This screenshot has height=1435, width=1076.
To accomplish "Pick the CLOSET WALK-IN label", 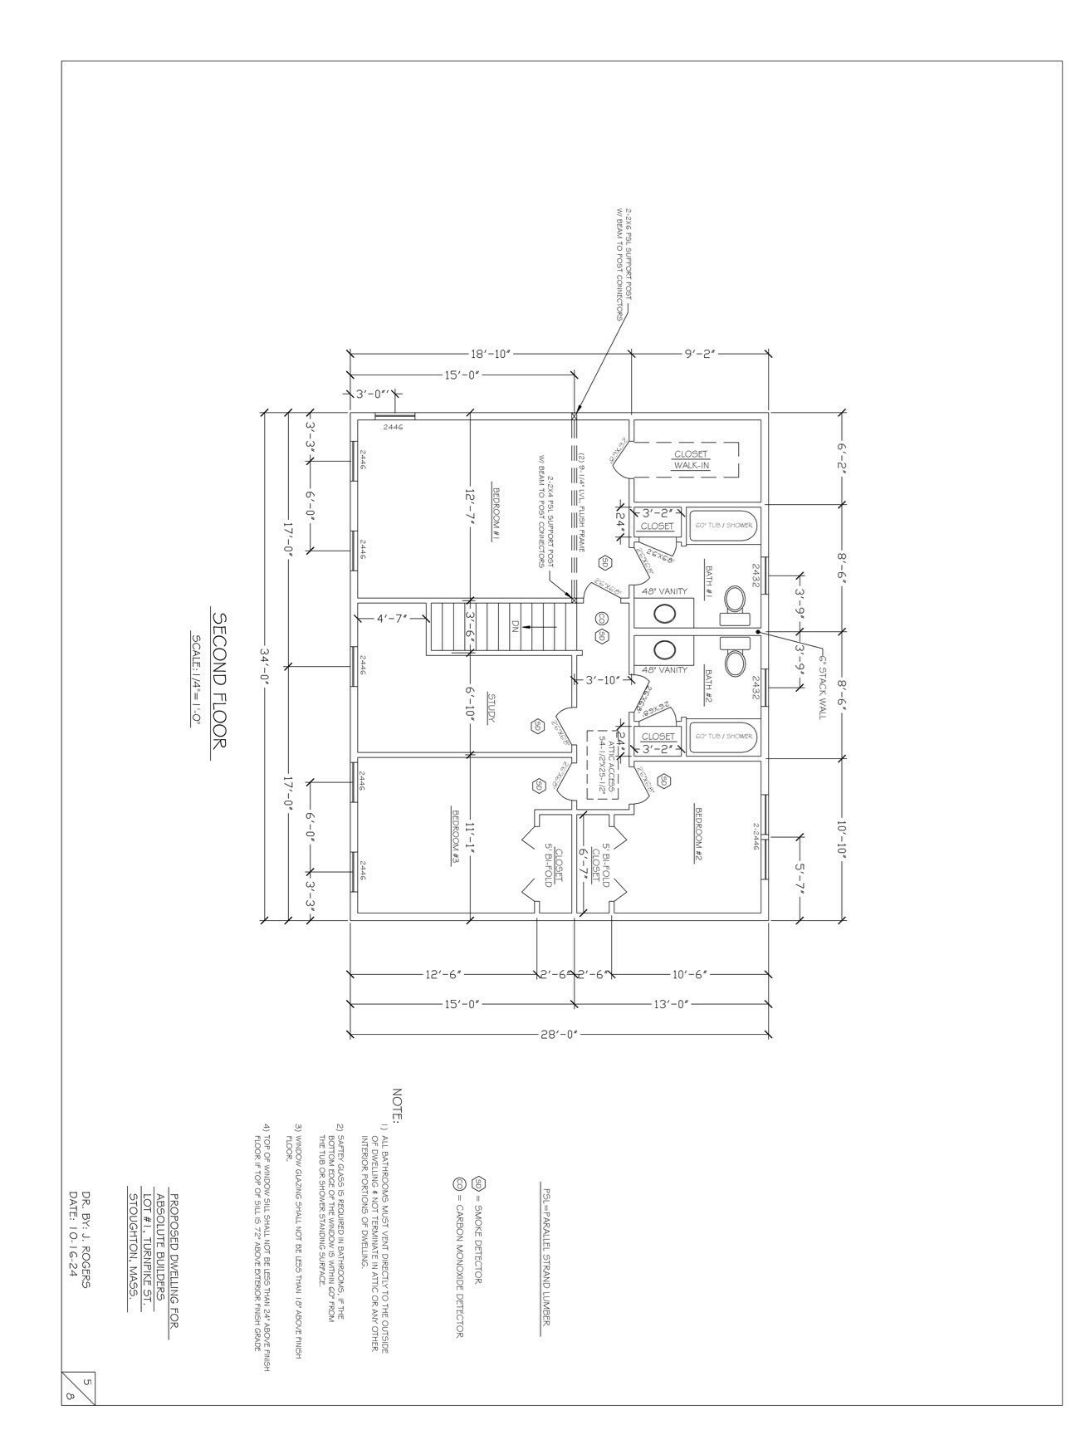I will point(691,459).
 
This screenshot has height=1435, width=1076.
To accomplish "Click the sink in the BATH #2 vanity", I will point(664,650).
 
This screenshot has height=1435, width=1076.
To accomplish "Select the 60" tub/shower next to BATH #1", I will point(725,526).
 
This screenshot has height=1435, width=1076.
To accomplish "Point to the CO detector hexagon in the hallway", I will point(601,618).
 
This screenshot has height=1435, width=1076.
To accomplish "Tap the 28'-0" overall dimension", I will point(558,1034).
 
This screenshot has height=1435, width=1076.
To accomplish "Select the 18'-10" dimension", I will point(490,354).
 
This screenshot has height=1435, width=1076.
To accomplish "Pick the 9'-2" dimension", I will point(700,354).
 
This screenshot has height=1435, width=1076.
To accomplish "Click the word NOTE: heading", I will point(397,1105).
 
